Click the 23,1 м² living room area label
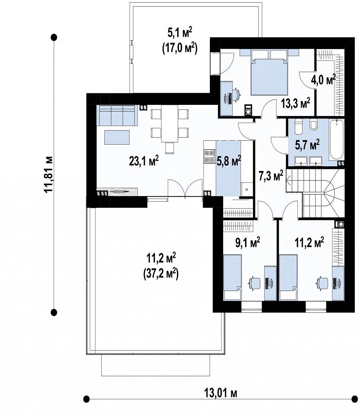coord(144,161)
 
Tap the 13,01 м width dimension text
coord(221,393)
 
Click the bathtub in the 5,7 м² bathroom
coord(336,140)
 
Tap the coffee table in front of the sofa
coord(117,137)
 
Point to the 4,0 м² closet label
coord(323,80)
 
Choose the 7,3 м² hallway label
coord(271,176)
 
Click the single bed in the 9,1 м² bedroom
coord(232,277)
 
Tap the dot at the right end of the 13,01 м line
coord(354,399)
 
